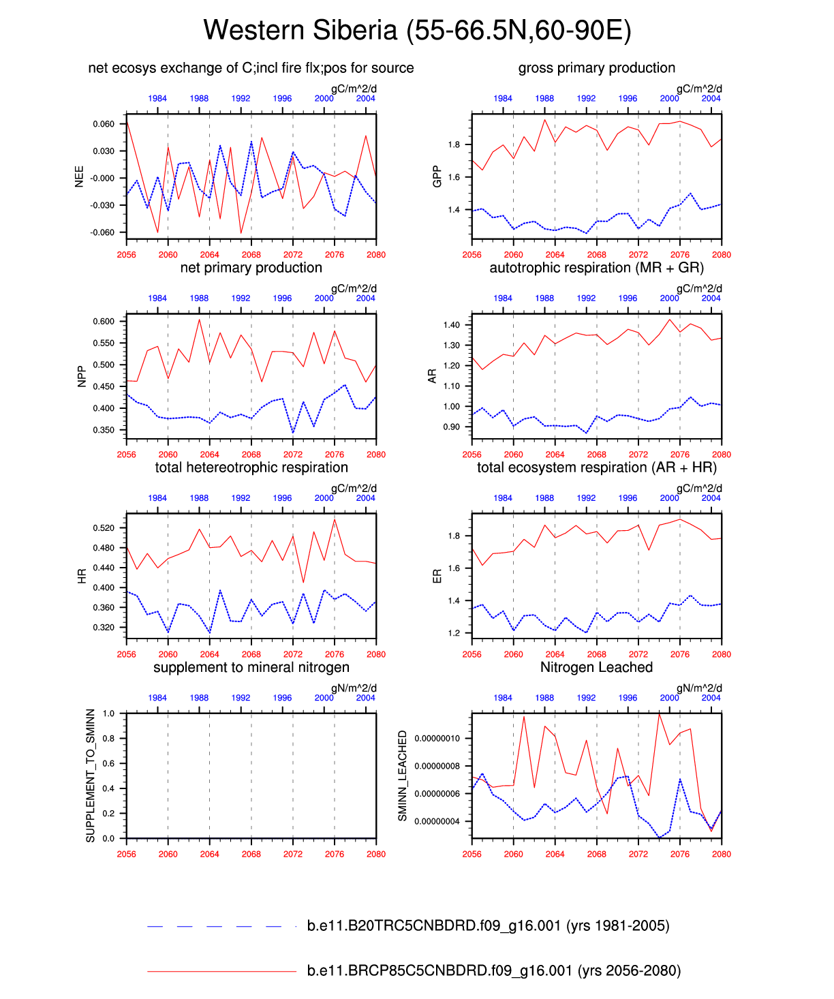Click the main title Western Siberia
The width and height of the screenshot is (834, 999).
(x=417, y=31)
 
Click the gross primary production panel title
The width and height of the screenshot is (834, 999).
(x=596, y=68)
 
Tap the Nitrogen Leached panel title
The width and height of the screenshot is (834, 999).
(x=596, y=667)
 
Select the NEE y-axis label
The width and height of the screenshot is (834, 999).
(x=80, y=176)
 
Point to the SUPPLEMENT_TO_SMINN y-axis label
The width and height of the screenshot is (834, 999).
(x=91, y=775)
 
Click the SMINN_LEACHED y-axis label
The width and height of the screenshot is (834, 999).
(x=402, y=775)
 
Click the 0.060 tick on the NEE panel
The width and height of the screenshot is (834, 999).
(x=104, y=124)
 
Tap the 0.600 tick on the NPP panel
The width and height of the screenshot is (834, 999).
(x=104, y=322)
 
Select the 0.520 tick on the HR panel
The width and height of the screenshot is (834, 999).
(x=104, y=528)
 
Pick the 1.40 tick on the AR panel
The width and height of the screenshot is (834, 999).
(x=452, y=325)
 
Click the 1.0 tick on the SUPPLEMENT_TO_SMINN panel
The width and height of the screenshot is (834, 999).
(x=109, y=713)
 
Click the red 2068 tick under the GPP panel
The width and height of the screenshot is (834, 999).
(x=597, y=255)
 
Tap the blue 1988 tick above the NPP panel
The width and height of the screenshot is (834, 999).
(x=199, y=298)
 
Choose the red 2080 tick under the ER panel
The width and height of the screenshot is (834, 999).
(x=722, y=654)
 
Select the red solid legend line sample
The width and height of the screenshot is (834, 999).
(x=221, y=971)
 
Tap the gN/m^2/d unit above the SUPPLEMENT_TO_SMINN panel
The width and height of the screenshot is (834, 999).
(x=354, y=688)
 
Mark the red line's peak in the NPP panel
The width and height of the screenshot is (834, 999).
(x=199, y=319)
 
